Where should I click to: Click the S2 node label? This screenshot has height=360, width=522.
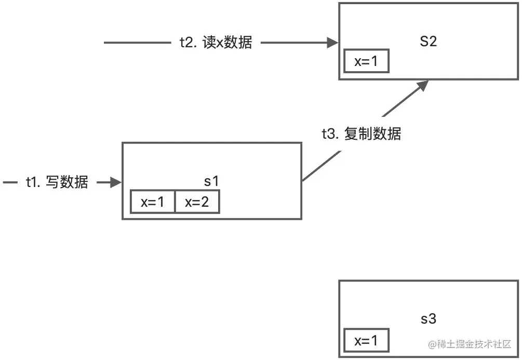click(429, 42)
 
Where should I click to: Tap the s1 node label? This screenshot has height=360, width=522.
click(211, 182)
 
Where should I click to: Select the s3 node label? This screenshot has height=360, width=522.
click(429, 319)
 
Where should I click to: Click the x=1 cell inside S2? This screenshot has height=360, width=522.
click(366, 62)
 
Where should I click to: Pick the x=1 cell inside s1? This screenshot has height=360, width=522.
click(152, 202)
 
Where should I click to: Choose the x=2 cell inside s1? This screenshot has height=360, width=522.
click(197, 202)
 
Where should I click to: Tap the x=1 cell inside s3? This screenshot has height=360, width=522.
click(366, 340)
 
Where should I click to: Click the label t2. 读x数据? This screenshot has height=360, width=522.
click(212, 43)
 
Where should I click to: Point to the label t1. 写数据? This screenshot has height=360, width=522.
click(57, 182)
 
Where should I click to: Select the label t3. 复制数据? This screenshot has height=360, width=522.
click(361, 134)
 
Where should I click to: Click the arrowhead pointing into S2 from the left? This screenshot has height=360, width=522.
click(333, 43)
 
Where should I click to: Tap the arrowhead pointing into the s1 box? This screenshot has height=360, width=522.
click(116, 182)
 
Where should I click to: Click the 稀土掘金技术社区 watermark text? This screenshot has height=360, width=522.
click(470, 344)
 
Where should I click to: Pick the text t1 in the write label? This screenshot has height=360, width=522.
click(32, 182)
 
